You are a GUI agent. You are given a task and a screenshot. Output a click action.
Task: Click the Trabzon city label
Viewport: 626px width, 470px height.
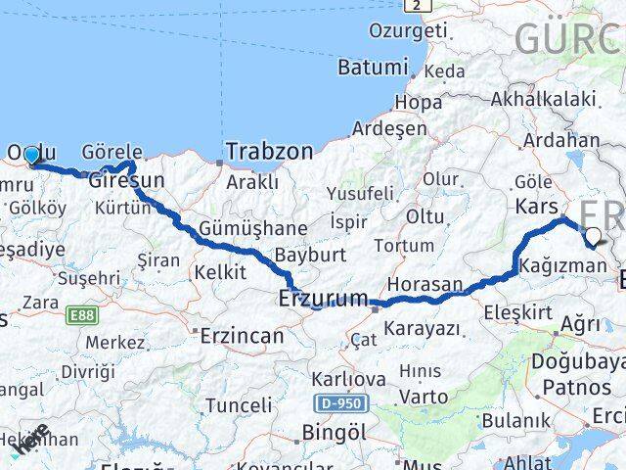[x=270, y=151]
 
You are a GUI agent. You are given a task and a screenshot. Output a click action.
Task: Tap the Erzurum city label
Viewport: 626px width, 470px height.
[x=324, y=297]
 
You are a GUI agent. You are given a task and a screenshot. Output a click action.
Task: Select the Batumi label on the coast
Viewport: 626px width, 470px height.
[x=373, y=68]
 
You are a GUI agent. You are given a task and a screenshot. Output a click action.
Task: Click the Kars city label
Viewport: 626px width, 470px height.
[x=536, y=207]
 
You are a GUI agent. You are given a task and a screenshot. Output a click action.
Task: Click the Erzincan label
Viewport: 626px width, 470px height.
[x=242, y=335]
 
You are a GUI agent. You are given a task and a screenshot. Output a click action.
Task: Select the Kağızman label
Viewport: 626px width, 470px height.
[x=563, y=266]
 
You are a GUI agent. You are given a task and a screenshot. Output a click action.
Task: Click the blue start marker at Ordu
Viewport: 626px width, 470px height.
[x=31, y=155]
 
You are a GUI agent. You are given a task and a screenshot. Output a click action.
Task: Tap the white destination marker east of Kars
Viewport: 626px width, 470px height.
[x=593, y=235]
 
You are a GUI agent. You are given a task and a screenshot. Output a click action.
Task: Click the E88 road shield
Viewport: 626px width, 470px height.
[x=81, y=315]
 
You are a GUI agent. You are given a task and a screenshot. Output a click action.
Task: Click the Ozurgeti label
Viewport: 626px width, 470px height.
[x=407, y=30]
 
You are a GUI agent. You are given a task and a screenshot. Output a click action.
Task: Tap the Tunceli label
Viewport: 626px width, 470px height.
[x=238, y=404]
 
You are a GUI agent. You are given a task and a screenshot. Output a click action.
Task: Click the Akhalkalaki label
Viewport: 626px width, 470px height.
[x=543, y=98]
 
